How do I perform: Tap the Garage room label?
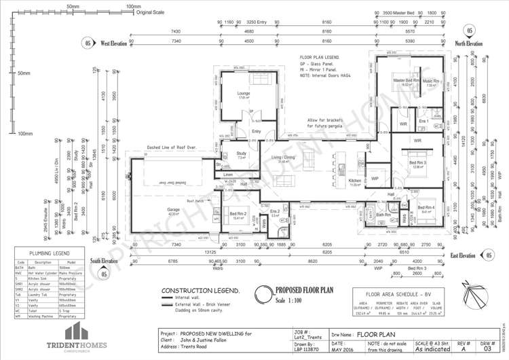click(174, 210)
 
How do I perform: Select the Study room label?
click(241, 154)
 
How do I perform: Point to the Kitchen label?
click(355, 181)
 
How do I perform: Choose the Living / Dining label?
click(283, 158)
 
